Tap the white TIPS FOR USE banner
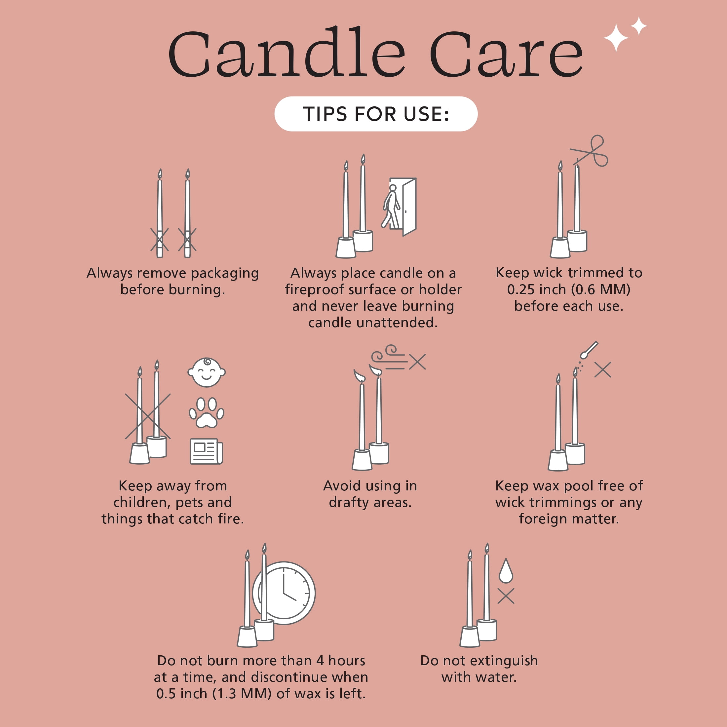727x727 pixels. click(x=376, y=114)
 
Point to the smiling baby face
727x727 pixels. click(x=207, y=372)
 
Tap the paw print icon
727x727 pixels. click(x=206, y=413)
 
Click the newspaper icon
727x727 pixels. click(x=206, y=451)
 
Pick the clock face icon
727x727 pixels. click(x=284, y=593)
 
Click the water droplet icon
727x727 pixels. click(x=506, y=570)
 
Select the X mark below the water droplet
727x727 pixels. click(x=506, y=596)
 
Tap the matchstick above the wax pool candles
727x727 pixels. click(x=589, y=350)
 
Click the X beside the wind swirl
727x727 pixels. click(x=417, y=362)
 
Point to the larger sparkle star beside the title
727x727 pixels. click(x=616, y=38)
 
